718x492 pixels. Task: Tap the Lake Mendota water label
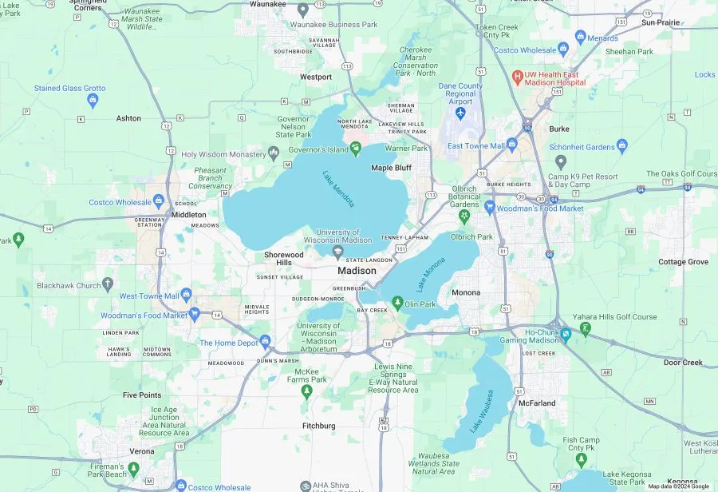tap(339, 189)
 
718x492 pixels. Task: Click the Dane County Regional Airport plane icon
tap(460, 114)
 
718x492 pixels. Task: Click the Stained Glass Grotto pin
tap(93, 101)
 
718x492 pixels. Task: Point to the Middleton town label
tap(189, 215)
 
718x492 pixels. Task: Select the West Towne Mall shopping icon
tap(187, 296)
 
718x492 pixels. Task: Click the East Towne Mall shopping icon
tap(512, 145)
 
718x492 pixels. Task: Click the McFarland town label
tap(537, 403)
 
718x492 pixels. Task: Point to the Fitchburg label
tap(319, 426)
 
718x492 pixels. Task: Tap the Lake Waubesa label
tap(481, 411)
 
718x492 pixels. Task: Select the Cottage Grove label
tap(683, 262)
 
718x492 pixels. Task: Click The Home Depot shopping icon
tap(266, 343)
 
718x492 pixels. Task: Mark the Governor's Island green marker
tap(356, 149)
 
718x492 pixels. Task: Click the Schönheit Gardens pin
tap(622, 146)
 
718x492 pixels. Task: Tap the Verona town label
tap(142, 451)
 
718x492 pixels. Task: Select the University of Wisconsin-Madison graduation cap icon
tap(338, 252)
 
